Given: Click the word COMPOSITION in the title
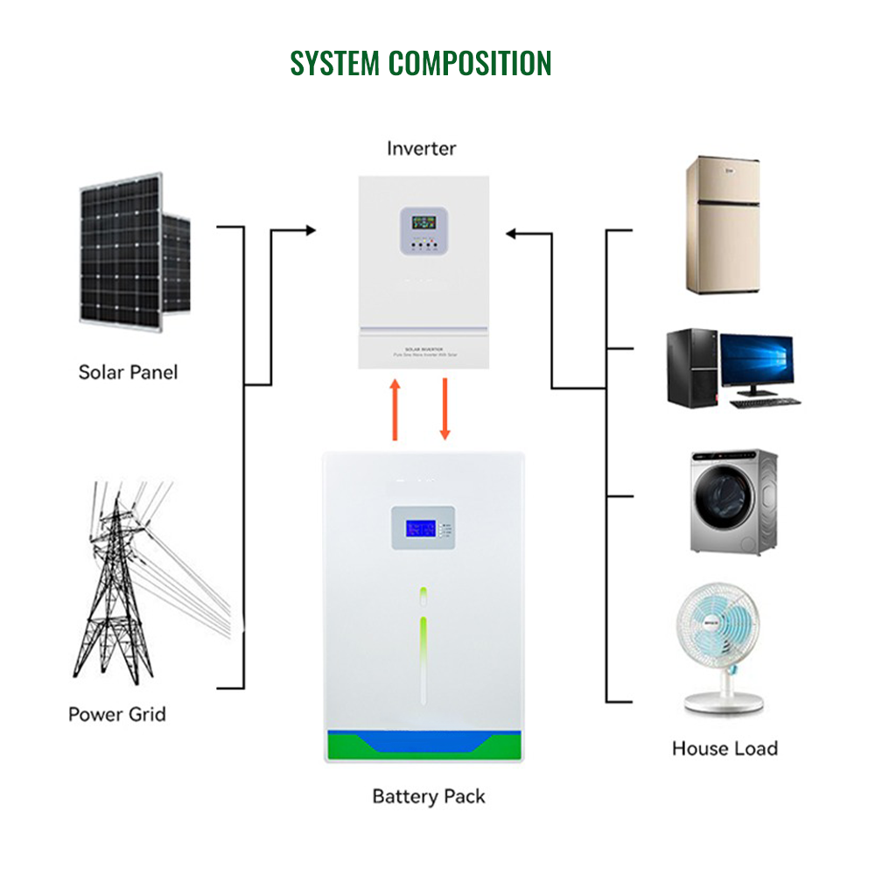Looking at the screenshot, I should pos(470,63).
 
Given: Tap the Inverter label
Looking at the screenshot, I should pos(422,149).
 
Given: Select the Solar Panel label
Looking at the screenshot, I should pos(128,372).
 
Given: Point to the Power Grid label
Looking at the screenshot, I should pos(117,714).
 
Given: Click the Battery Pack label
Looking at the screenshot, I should pos(428,796).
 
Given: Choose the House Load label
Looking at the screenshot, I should pos(724,748).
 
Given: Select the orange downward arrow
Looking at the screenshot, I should pos(444,409).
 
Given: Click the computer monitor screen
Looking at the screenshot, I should pos(756,362).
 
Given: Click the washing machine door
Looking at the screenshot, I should pos(723,507).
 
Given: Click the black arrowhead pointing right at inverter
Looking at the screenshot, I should pos(310,231).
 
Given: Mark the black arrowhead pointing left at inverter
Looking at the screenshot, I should pos(512,234).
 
